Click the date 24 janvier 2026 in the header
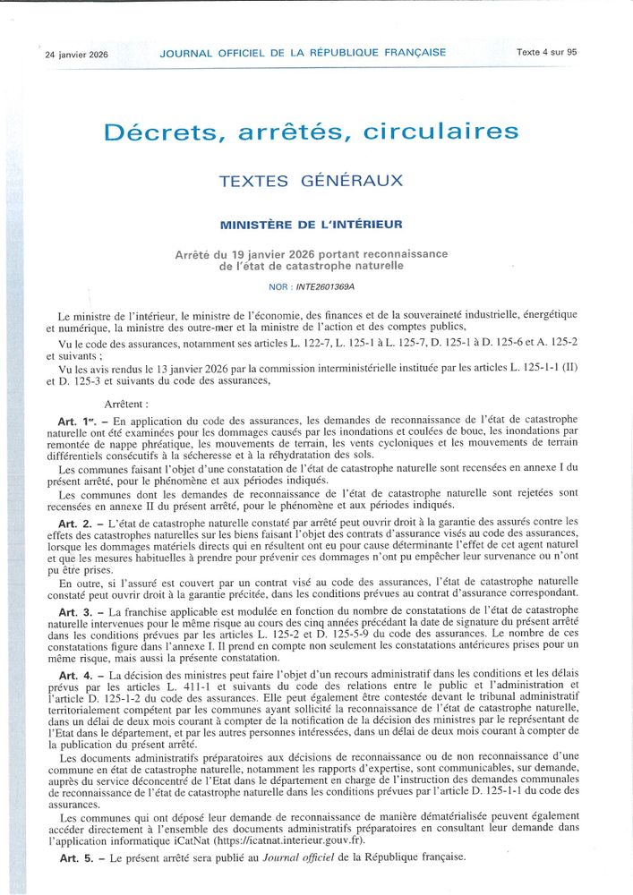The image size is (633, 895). coord(77,54)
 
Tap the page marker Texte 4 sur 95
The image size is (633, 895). coord(546,52)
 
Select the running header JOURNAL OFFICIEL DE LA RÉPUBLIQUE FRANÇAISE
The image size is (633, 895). coord(303,53)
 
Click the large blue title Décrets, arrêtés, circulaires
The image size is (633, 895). coord(311,132)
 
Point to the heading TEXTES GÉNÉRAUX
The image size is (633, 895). coord(311,181)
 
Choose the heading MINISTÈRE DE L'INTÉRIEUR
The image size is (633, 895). coord(311,224)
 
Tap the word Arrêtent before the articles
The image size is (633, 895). coord(127,405)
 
